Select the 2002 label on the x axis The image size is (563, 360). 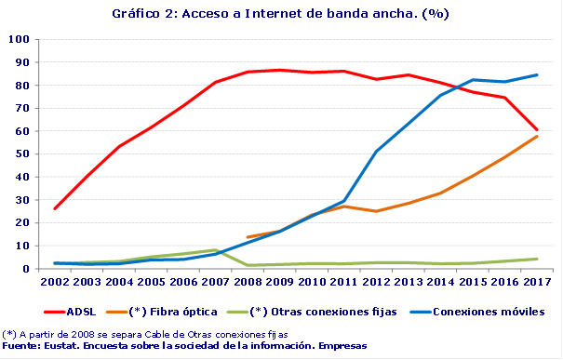55,281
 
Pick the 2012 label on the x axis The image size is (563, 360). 376,281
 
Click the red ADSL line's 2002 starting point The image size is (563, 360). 55,208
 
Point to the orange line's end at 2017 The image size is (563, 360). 537,137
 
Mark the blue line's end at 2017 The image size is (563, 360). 537,75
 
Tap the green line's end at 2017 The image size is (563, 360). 537,259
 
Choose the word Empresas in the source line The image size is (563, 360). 342,346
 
